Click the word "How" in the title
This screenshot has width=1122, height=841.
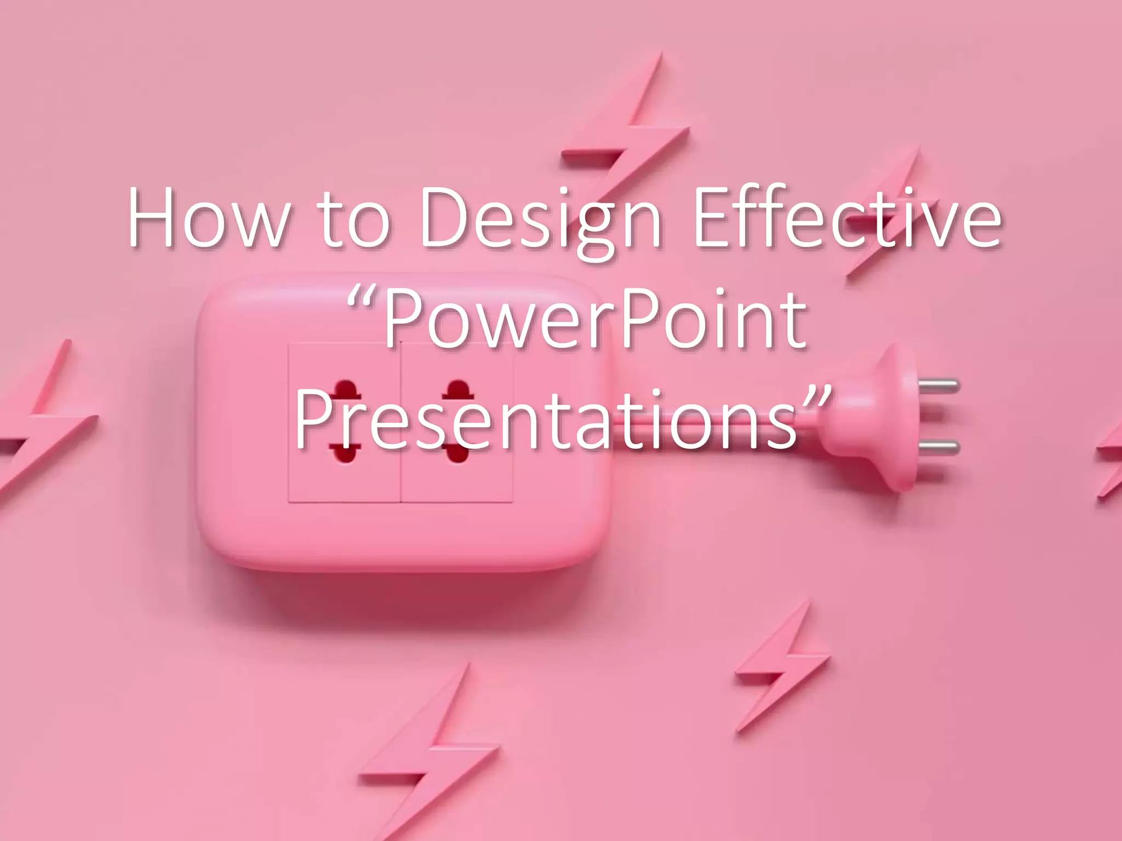point(208,218)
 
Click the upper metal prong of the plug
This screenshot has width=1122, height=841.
point(938,386)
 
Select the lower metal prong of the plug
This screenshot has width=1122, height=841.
point(938,447)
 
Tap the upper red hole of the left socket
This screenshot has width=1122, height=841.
point(345,390)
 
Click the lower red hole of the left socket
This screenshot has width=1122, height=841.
point(345,453)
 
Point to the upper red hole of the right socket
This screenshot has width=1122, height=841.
point(458,390)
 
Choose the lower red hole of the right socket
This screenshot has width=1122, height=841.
point(458,453)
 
